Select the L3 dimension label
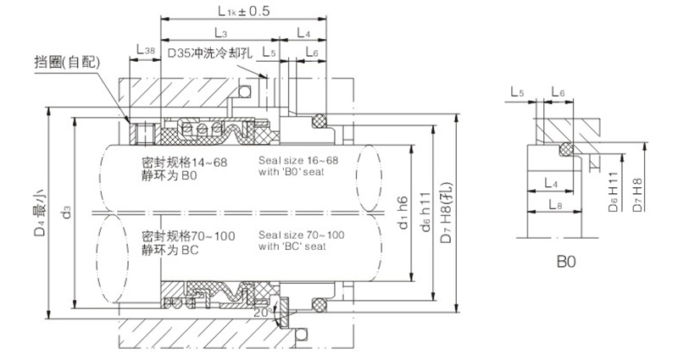point(220,33)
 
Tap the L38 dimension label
point(145,52)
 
